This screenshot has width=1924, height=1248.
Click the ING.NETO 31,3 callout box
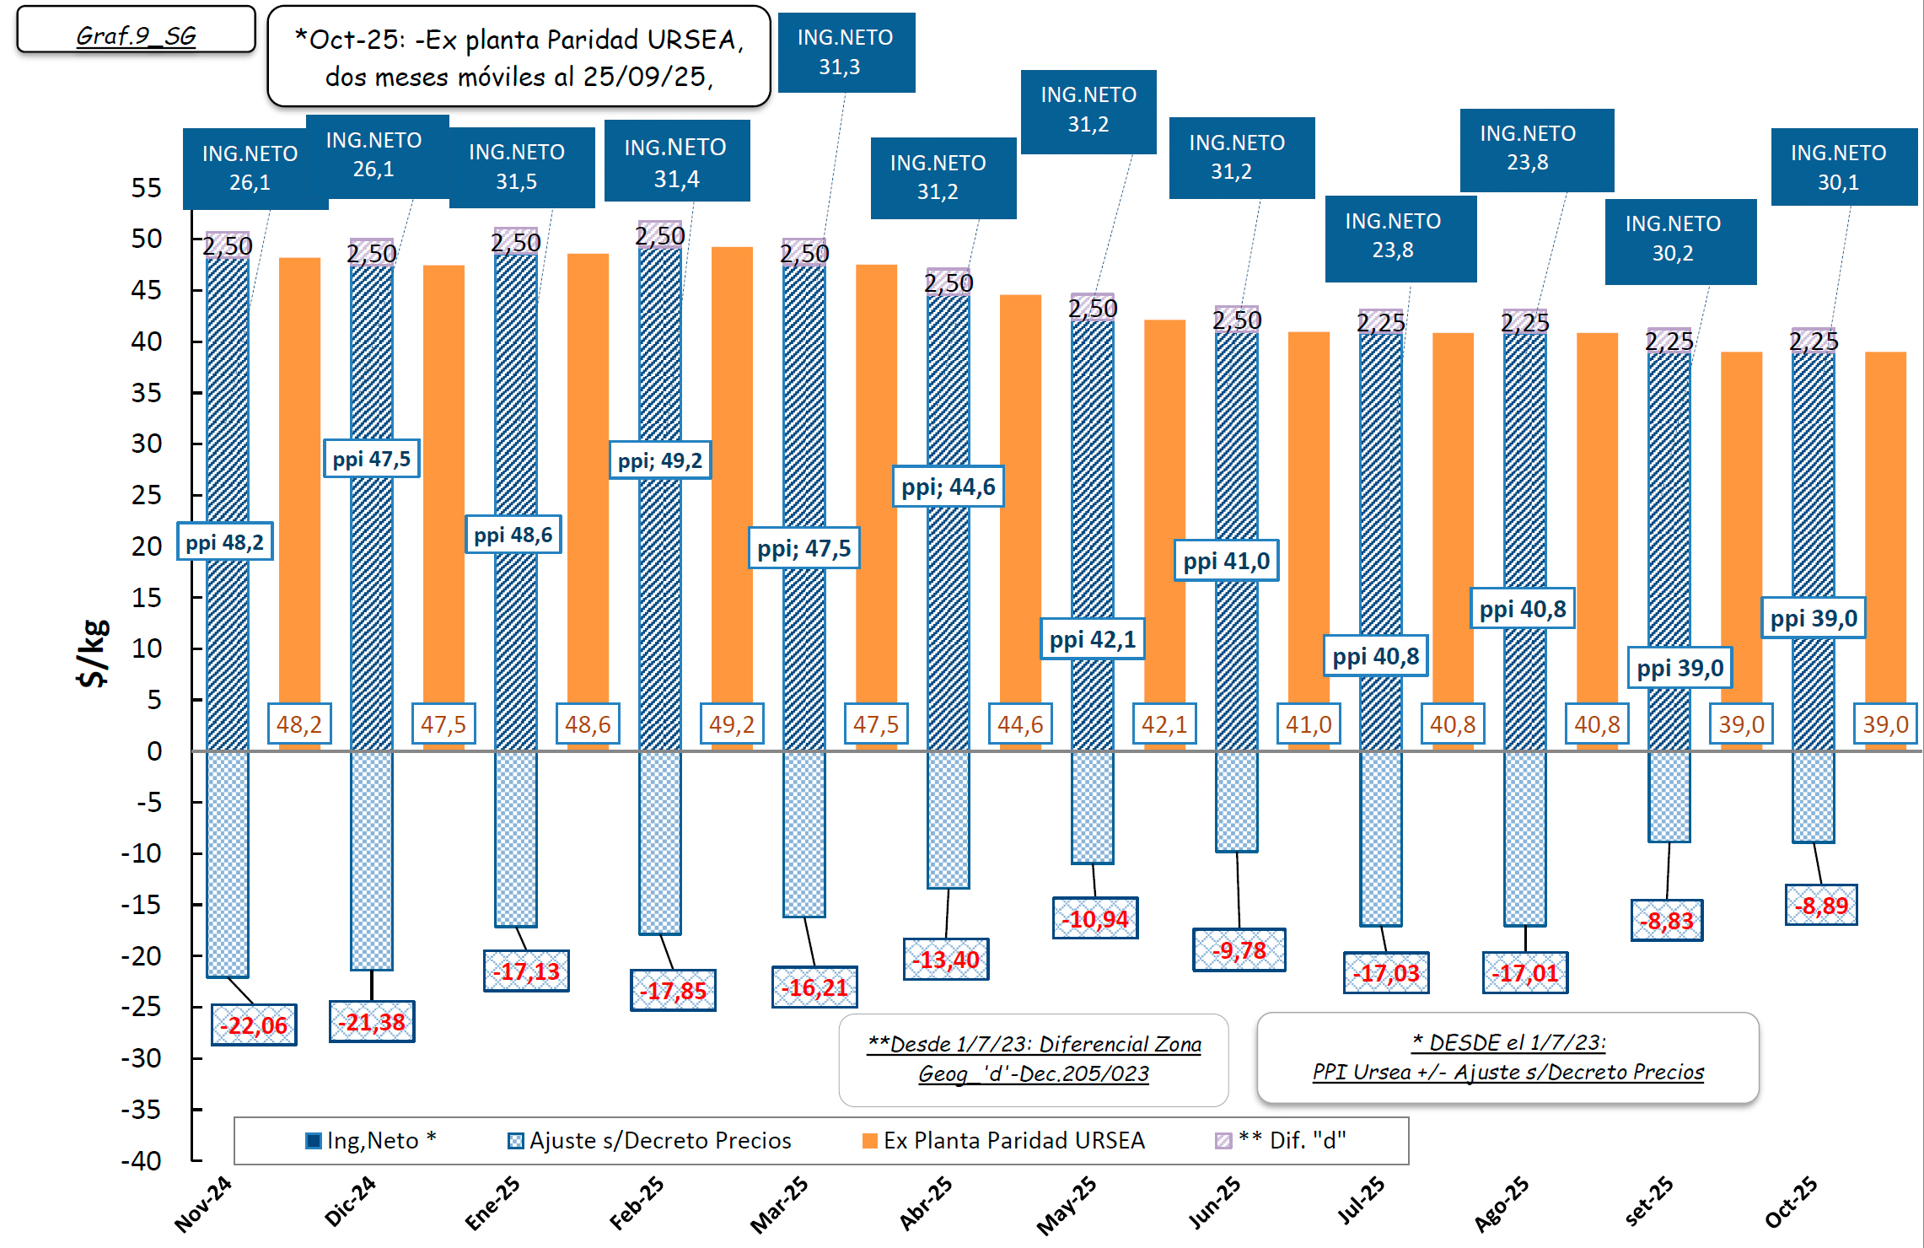pos(846,52)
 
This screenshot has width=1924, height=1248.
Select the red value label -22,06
pos(254,1025)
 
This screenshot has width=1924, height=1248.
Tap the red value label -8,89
pos(1821,906)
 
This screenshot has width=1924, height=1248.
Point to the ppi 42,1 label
pos(1093,639)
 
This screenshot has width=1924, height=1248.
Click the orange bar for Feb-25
pos(732,472)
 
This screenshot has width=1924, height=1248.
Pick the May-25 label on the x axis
pos(1067,1206)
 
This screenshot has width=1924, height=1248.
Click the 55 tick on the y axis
pos(146,187)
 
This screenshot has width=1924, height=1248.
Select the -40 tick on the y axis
pos(141,1161)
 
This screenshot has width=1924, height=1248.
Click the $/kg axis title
pos(94,654)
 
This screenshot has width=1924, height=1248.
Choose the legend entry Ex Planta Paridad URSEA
pos(1003,1141)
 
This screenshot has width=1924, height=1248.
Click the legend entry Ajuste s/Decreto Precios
pos(649,1141)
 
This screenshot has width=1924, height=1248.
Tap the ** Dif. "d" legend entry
pos(1282,1141)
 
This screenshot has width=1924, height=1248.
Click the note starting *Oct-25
pos(519,57)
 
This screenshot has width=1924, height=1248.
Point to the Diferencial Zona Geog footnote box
pos(1034,1059)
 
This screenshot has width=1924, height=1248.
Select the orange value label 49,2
pos(731,724)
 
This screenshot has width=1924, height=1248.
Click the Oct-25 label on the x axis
pos(1791,1202)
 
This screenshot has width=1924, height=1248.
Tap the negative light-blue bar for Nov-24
pos(228,864)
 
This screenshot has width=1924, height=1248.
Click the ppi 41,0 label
pos(1226,561)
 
